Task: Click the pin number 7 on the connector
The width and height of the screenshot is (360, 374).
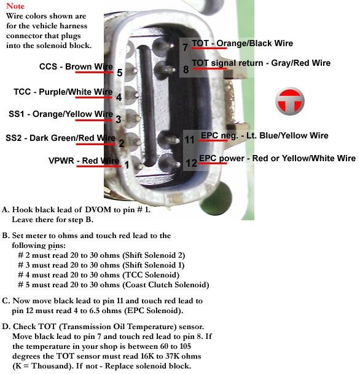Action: coord(186,47)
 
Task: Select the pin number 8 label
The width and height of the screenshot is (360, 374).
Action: coord(186,69)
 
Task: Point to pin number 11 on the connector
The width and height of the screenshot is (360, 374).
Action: coord(190,140)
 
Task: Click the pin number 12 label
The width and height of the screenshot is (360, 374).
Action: coord(191,163)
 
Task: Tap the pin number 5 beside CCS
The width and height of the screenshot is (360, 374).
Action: coord(119,73)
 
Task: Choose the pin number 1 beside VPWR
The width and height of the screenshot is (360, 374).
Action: coord(126,164)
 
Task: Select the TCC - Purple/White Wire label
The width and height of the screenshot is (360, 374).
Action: coord(63,92)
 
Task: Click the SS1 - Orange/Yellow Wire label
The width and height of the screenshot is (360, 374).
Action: coord(60,114)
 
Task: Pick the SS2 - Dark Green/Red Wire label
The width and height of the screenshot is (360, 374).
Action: coord(60,137)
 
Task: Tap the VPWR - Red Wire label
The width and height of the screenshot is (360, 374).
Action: coord(84,161)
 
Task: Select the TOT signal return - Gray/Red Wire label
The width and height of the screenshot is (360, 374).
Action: coord(261,63)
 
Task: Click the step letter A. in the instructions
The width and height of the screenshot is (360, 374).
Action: coord(6,209)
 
